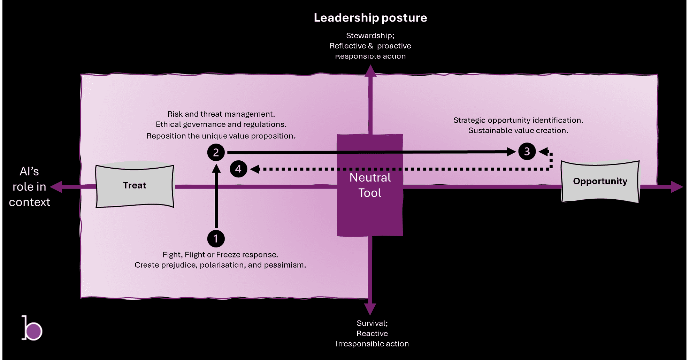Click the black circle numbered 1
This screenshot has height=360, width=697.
[216, 239]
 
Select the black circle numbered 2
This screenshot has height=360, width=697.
[216, 152]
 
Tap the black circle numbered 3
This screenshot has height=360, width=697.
[527, 152]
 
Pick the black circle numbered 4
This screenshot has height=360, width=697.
[238, 169]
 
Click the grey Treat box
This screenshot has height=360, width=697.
[135, 185]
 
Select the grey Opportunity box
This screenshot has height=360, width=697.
[600, 181]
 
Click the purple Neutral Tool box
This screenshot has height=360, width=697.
[370, 185]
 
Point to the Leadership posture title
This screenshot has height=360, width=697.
[370, 18]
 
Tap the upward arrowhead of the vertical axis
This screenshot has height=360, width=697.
[370, 70]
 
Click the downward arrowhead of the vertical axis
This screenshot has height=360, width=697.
[370, 309]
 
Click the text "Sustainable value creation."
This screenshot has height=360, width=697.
[518, 130]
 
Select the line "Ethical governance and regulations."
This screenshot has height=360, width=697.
[221, 124]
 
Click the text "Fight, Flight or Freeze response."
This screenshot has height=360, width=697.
[220, 254]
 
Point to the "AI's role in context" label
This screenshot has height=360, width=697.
[29, 187]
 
